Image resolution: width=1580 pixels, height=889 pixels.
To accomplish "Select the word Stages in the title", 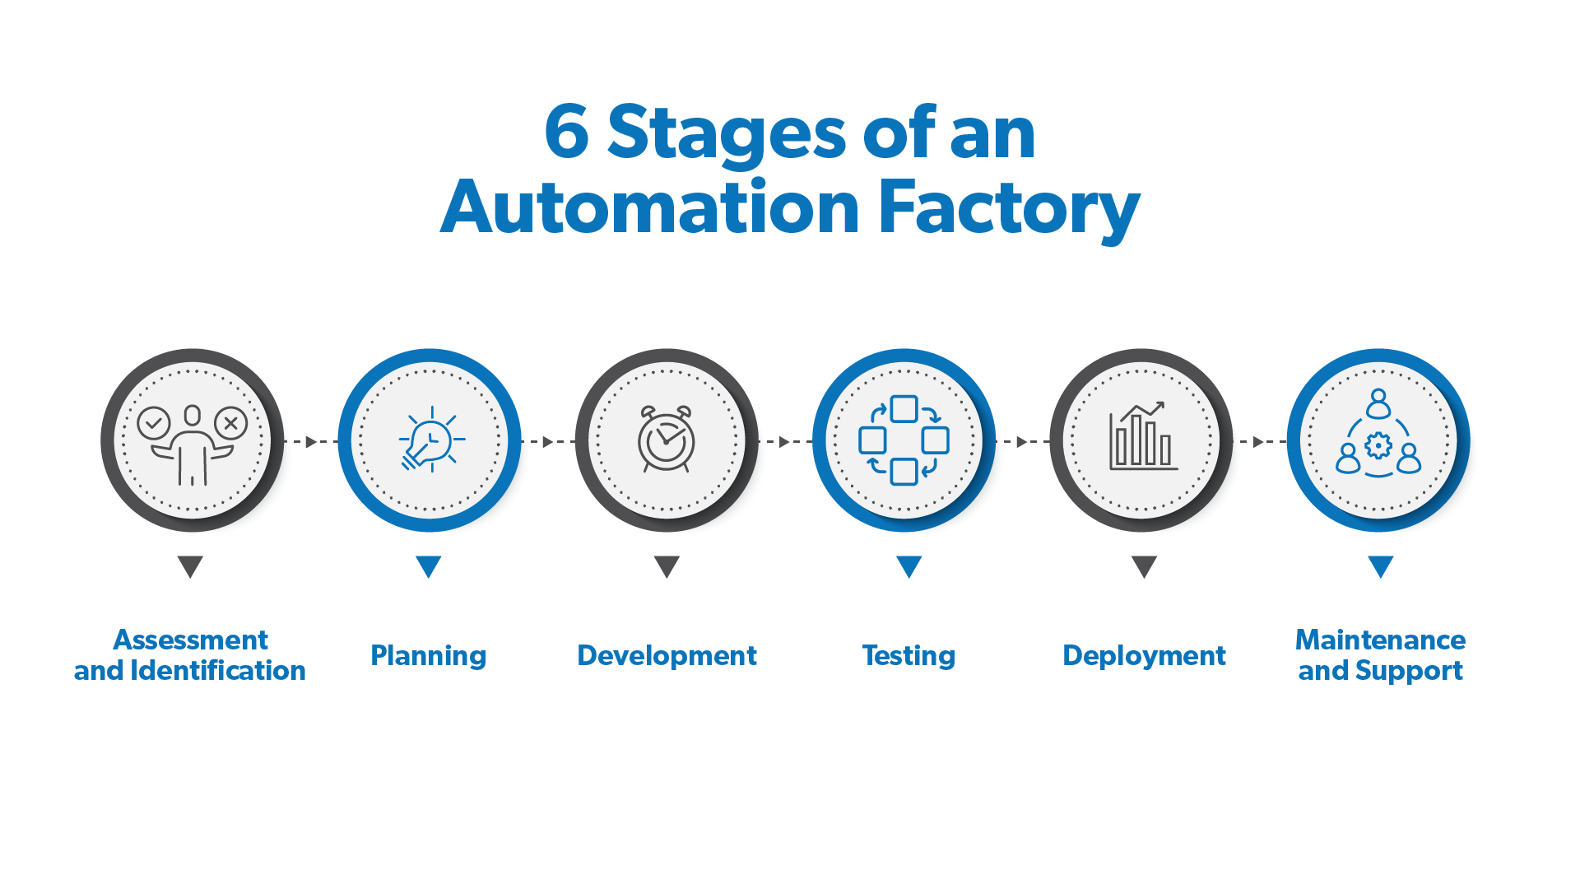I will coord(726,133).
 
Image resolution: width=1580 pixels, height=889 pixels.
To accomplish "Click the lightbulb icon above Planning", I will coord(430,440).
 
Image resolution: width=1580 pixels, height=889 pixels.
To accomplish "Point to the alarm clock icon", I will coord(667,440).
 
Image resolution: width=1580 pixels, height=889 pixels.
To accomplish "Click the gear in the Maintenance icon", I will coord(1378,446).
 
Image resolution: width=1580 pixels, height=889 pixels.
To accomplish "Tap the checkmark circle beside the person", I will coord(154,423).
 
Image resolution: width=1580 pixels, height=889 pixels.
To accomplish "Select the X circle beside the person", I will coord(231,423).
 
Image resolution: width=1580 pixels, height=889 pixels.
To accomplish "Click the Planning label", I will coord(428,655).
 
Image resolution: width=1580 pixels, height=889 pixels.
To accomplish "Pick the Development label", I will coord(667,655).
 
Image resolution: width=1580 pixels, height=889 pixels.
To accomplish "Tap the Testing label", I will coord(908,655).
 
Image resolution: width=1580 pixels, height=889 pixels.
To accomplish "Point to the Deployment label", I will coord(1144,655).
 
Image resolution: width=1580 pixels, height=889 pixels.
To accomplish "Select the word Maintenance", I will coord(1380,640).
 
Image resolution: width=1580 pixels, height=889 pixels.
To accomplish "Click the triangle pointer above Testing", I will coord(908,566).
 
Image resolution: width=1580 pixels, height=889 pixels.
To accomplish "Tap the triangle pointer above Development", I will coord(667,566).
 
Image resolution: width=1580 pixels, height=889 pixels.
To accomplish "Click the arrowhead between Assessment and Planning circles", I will coord(311,442).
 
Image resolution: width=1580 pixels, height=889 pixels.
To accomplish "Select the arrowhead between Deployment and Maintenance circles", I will coord(1257,442).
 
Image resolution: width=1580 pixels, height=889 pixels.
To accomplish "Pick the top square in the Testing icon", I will coord(904,409).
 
